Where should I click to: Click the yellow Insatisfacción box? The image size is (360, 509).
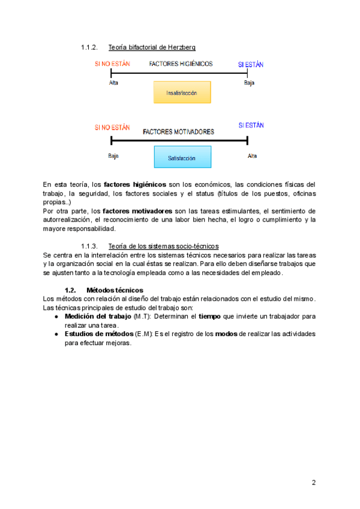[x=182, y=93]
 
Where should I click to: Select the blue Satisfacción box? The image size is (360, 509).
[x=182, y=158]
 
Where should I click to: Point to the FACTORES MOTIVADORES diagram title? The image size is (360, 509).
[x=178, y=131]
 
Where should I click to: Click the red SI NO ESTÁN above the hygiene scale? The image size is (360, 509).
[x=112, y=64]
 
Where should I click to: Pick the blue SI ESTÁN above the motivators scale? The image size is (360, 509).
[x=251, y=125]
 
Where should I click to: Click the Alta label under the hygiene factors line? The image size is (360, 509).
[x=114, y=83]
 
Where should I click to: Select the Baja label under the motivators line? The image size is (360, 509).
[x=113, y=156]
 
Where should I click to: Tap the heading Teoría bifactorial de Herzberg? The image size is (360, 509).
[x=152, y=47]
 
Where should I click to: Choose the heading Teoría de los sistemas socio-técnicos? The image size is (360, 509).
[x=163, y=246]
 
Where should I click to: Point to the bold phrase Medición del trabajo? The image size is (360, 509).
[x=98, y=316]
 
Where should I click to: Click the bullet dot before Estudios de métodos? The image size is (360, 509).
[x=56, y=334]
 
